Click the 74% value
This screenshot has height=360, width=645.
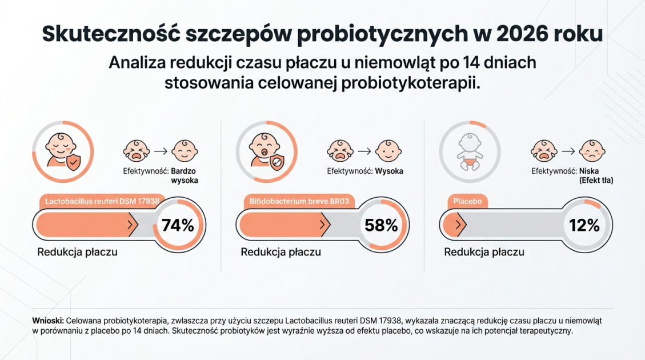point(178,225)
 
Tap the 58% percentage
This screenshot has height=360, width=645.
point(381,225)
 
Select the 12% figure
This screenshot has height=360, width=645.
point(584,225)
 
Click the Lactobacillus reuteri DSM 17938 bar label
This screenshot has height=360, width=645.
point(102,201)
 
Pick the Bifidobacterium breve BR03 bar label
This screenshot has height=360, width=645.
point(299,201)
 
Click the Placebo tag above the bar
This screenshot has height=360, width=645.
point(467,201)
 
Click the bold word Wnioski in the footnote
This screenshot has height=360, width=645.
point(49,321)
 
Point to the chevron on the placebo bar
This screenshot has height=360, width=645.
point(458,225)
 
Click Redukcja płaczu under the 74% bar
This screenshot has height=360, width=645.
point(78,252)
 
